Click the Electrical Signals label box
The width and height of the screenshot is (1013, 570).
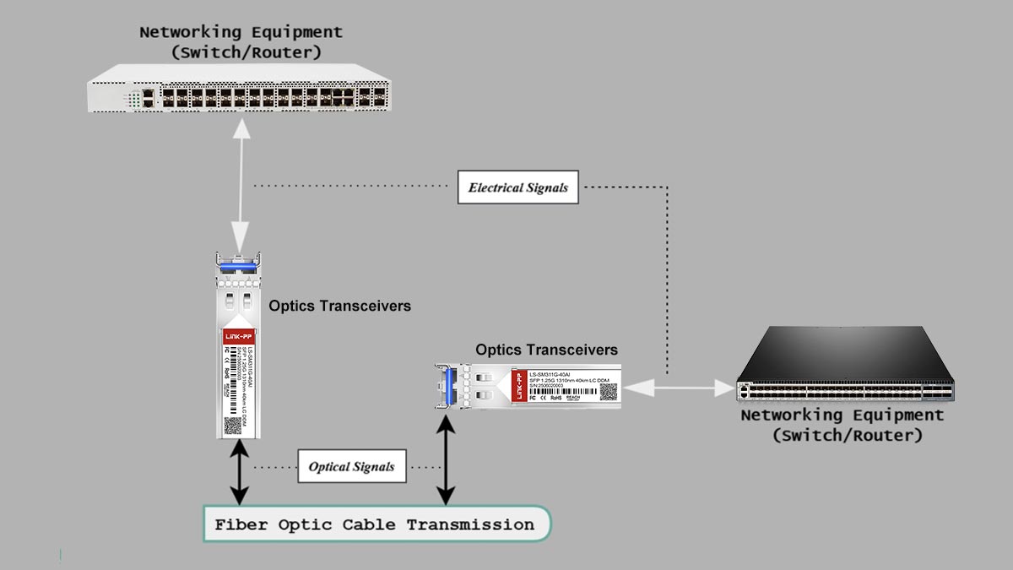pyautogui.click(x=518, y=187)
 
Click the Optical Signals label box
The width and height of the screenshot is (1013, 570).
pyautogui.click(x=351, y=466)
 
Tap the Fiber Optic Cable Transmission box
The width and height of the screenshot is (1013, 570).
pyautogui.click(x=376, y=524)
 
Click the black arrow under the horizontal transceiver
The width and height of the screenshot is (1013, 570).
pyautogui.click(x=445, y=456)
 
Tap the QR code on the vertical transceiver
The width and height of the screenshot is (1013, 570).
pyautogui.click(x=233, y=424)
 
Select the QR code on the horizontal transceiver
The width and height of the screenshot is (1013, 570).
pyautogui.click(x=608, y=391)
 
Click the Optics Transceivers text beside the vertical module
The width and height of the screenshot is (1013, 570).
pyautogui.click(x=339, y=306)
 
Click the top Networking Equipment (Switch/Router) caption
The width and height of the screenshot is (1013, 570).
pyautogui.click(x=241, y=42)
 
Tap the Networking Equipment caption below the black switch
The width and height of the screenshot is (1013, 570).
pyautogui.click(x=842, y=426)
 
